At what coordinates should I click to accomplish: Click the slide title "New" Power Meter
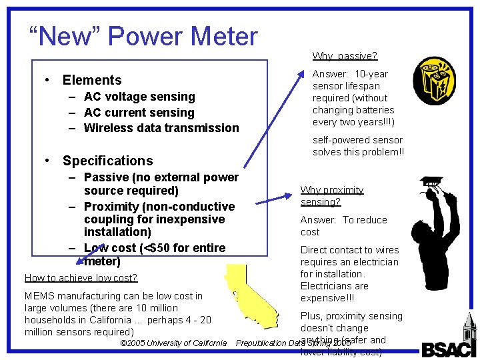tap(143, 36)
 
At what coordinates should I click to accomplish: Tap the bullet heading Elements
tap(92, 80)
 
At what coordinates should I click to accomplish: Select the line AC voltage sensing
tap(139, 97)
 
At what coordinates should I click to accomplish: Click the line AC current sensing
tap(139, 113)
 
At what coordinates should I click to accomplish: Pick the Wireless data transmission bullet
tap(161, 128)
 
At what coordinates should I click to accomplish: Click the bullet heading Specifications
tap(107, 161)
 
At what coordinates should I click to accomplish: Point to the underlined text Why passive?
tap(345, 56)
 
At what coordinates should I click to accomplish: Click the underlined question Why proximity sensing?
tap(331, 196)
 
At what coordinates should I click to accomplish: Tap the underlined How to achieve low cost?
tap(81, 278)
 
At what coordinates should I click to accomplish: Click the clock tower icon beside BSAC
tap(469, 336)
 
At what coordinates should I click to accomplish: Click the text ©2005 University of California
tap(173, 343)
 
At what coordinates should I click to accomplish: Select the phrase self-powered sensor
tap(357, 140)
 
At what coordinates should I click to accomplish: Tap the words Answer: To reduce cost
tap(343, 226)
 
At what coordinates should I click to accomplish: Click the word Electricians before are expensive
tap(325, 286)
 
